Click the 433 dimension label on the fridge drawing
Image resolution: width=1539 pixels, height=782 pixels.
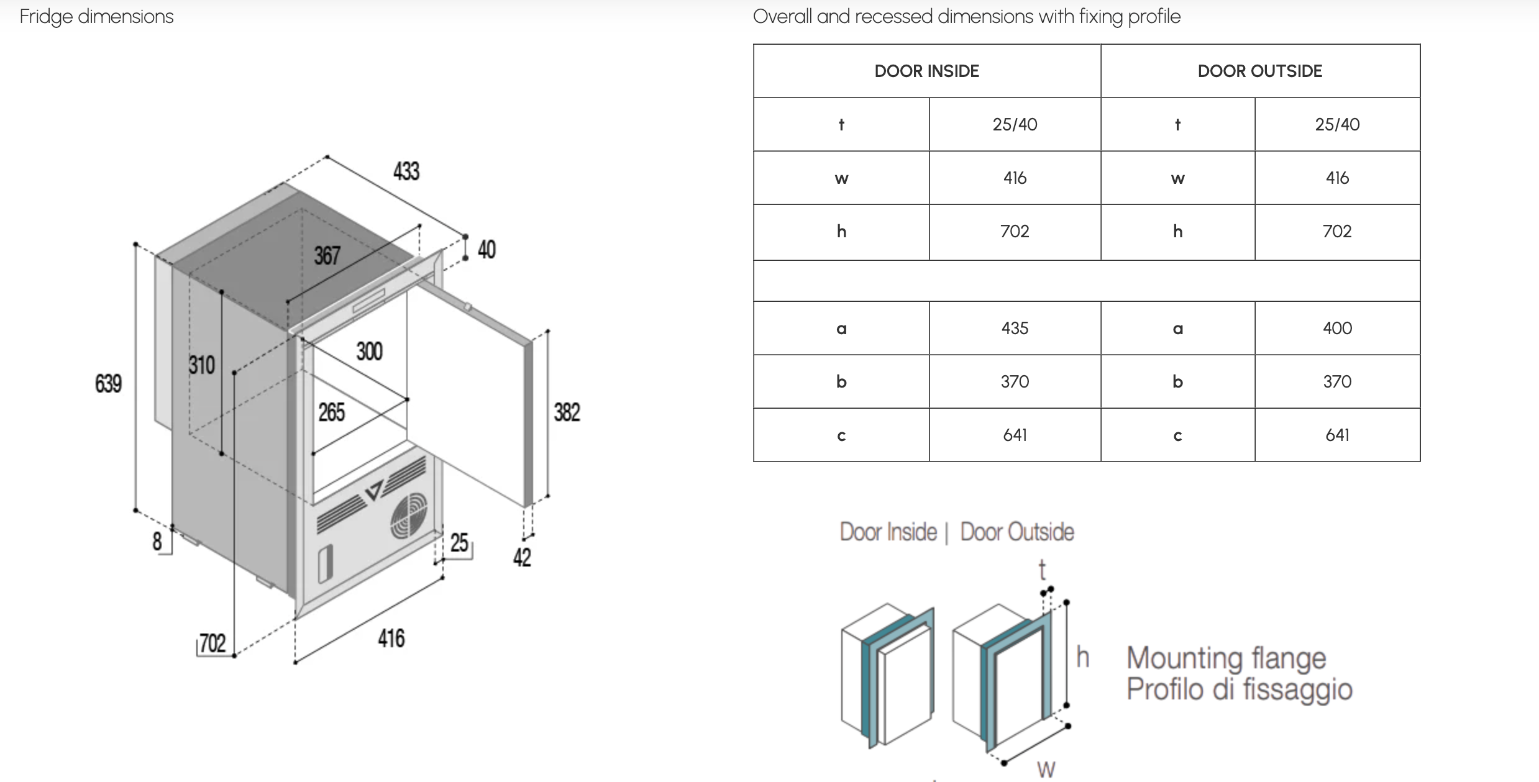406,171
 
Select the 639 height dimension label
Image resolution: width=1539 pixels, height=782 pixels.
108,383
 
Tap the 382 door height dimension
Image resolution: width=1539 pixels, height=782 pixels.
567,412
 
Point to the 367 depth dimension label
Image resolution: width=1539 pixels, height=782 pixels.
327,255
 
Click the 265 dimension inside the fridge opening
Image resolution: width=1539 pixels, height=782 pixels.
331,412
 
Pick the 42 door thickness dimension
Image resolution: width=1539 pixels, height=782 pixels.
522,557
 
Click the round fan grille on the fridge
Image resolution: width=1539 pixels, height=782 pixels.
409,516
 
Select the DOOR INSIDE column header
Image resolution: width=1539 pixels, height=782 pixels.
926,71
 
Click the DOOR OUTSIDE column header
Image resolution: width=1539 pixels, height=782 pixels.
1259,71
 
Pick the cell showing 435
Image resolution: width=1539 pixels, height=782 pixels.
1015,328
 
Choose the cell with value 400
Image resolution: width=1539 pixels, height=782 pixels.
1337,328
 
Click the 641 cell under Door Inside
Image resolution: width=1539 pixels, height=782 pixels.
1015,435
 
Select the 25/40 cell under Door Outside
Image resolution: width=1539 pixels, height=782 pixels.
1337,124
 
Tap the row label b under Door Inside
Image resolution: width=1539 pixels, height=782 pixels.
841,381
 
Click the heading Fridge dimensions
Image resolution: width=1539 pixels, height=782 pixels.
96,16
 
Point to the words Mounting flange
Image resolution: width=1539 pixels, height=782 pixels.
1226,658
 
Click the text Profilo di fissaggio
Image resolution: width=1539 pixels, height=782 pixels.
1240,689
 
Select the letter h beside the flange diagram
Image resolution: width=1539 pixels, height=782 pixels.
1082,657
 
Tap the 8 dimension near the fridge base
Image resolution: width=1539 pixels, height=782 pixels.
157,541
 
